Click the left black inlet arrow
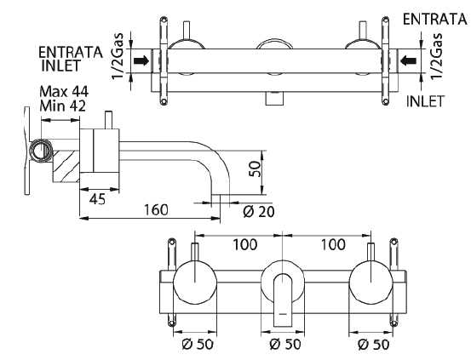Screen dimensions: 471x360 pos(141,61)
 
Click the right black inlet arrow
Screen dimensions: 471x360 pos(409,61)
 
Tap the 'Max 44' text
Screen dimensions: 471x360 pos(64,92)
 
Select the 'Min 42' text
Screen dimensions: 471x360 pos(63,106)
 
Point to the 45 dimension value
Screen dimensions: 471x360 pos(98,199)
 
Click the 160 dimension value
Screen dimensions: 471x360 pos(156,210)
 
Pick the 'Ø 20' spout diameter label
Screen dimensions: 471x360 pos(259,212)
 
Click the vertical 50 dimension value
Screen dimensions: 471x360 pos(255,169)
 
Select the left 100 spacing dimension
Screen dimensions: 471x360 pos(244,245)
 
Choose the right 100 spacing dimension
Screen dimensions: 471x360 pos(333,245)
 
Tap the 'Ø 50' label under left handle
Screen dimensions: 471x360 pos(198,344)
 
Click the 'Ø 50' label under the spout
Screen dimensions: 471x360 pos(285,344)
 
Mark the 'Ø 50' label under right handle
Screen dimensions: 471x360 pos(374,344)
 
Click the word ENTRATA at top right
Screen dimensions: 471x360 pos(434,20)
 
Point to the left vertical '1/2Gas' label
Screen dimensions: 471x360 pos(118,56)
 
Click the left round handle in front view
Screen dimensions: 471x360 pos(195,283)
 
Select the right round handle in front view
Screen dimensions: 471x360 pos(371,283)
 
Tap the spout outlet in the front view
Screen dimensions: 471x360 pos(283,300)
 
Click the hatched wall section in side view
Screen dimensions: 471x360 pos(66,166)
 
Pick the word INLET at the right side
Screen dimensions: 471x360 pos(425,101)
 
